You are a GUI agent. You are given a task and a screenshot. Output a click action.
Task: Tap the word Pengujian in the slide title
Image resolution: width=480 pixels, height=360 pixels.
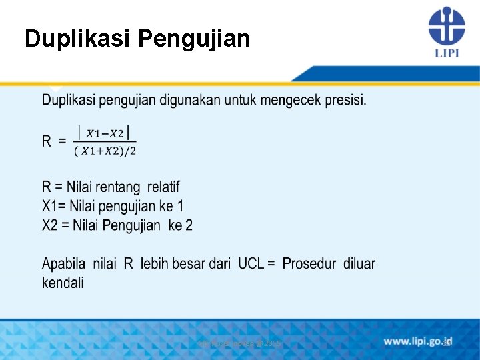[194, 39]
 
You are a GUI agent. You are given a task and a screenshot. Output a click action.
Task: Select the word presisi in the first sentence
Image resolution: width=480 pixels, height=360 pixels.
[345, 100]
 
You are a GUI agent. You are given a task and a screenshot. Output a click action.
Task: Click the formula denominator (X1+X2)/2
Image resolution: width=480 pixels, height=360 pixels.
[105, 151]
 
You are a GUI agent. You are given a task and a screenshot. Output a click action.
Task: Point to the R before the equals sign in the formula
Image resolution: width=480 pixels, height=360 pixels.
[47, 141]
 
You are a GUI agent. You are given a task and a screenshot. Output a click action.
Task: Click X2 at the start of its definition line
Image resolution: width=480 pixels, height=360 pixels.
[51, 225]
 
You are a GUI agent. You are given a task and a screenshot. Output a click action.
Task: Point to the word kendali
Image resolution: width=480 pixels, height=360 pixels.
[63, 283]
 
